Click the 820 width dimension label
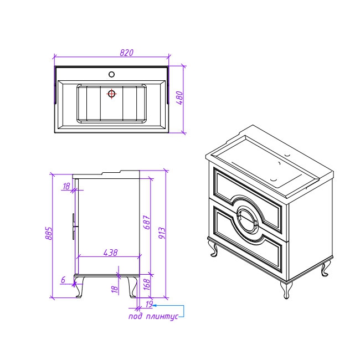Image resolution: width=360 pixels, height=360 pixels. pyautogui.click(x=126, y=53)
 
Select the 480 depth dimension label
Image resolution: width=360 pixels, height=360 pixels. pyautogui.click(x=180, y=98)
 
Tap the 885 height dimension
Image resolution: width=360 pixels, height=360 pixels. pyautogui.click(x=49, y=234)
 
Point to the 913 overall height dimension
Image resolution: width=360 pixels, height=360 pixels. pyautogui.click(x=162, y=233)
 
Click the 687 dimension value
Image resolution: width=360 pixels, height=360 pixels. pyautogui.click(x=147, y=222)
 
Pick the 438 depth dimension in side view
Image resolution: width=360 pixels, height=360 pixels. pyautogui.click(x=110, y=253)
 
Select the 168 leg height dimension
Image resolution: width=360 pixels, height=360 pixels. pyautogui.click(x=147, y=285)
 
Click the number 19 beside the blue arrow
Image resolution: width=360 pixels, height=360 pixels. pyautogui.click(x=149, y=304)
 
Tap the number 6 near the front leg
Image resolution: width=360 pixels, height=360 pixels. pyautogui.click(x=63, y=280)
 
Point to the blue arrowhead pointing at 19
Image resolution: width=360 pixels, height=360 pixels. pyautogui.click(x=155, y=305)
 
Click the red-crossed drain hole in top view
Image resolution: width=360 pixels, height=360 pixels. pyautogui.click(x=111, y=94)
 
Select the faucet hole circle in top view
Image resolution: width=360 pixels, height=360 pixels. pyautogui.click(x=111, y=74)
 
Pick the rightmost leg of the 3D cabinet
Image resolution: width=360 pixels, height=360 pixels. pyautogui.click(x=325, y=269)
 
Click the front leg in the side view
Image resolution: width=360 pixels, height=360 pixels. pyautogui.click(x=79, y=287)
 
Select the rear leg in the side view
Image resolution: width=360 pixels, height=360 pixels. pyautogui.click(x=132, y=287)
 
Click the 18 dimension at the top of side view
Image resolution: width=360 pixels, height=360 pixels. pyautogui.click(x=66, y=186)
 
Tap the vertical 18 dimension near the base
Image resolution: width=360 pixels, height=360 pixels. pyautogui.click(x=115, y=289)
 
